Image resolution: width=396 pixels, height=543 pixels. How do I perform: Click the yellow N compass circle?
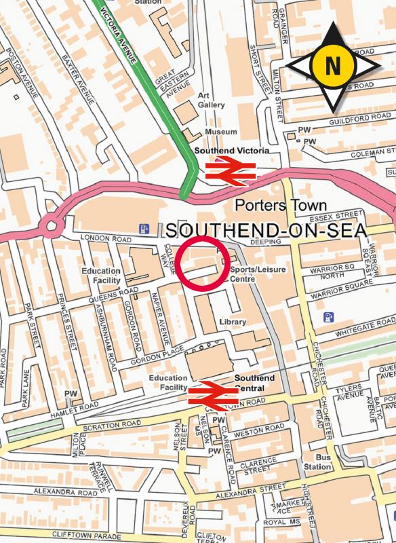click(333, 66)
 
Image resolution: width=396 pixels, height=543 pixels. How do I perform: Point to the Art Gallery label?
click(210, 100)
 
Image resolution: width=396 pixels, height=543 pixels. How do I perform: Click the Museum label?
click(221, 132)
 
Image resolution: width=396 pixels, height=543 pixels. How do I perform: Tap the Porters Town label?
click(280, 206)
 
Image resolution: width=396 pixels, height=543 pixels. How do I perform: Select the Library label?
click(233, 321)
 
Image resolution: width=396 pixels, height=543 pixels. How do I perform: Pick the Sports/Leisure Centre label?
click(258, 274)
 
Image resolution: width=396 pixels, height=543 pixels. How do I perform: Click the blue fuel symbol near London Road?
click(143, 229)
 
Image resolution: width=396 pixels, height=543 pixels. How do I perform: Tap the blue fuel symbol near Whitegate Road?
click(329, 317)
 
